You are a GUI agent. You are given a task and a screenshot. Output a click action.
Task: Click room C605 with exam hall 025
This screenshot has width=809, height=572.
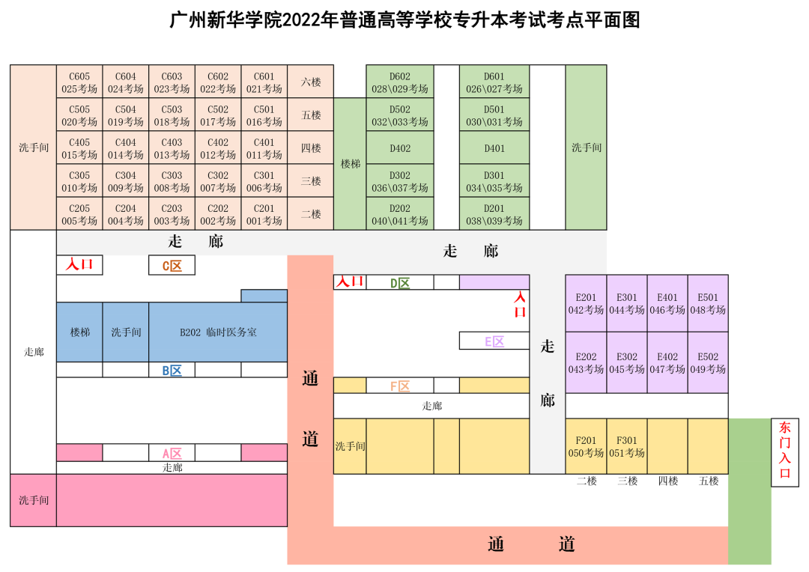(79, 82)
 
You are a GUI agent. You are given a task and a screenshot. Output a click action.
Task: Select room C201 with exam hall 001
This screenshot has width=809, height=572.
(264, 214)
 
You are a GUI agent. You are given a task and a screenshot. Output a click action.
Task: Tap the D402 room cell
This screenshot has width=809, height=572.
(400, 148)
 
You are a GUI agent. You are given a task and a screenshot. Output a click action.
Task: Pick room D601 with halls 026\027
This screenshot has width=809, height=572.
(494, 82)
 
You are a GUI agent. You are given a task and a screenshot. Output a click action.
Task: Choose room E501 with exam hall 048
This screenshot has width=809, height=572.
(708, 303)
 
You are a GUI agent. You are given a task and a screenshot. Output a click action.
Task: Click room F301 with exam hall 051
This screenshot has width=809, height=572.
(627, 446)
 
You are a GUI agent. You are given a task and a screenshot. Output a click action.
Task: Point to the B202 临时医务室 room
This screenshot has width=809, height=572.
(218, 332)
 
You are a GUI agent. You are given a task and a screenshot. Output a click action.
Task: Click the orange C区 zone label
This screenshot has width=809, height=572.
(172, 266)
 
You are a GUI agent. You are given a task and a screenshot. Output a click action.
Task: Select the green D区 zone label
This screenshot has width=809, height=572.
(400, 283)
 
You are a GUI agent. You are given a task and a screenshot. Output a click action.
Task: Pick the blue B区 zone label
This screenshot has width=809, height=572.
(172, 371)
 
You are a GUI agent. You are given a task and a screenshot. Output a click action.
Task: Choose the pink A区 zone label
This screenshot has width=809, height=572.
(172, 453)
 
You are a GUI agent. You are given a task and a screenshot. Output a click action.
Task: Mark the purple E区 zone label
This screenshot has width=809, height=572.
(494, 341)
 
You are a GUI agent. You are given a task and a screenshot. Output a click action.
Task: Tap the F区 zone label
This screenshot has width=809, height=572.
(400, 386)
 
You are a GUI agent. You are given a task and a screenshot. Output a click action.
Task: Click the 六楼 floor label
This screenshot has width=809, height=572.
(311, 82)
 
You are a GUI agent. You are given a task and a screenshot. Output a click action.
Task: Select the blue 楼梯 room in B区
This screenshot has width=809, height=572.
(79, 332)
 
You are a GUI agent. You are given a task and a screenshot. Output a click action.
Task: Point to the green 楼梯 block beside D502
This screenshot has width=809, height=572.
(350, 163)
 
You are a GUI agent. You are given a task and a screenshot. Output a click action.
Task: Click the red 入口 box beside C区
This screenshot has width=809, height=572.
(79, 265)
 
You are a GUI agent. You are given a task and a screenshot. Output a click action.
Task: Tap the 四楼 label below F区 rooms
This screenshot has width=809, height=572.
(667, 481)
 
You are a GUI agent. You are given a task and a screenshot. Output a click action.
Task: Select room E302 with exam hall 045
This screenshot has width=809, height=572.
(627, 362)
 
